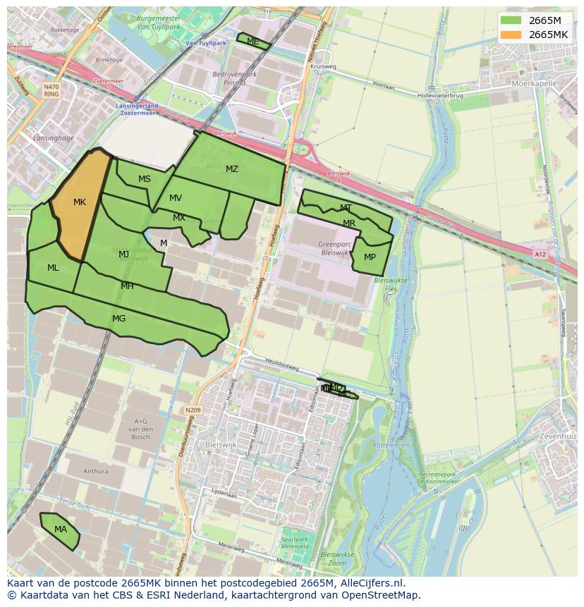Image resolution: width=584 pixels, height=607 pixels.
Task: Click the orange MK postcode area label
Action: [x=80, y=202]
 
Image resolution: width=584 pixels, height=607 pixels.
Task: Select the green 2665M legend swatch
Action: [x=511, y=20]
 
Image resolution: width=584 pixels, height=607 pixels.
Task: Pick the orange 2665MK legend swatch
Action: [x=511, y=35]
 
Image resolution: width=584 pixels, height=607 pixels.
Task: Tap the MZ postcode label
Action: [x=232, y=169]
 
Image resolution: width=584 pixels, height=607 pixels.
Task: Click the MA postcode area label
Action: [x=61, y=529]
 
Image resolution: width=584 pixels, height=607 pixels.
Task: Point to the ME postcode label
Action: [x=253, y=42]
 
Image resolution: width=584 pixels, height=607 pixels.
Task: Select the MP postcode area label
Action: [x=370, y=257]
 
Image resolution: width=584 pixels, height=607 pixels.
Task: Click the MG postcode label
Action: [x=118, y=319]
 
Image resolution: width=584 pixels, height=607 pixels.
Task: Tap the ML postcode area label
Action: [x=53, y=268]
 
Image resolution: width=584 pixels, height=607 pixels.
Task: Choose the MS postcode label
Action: [x=145, y=179]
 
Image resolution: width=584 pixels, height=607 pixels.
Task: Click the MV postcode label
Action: [x=176, y=198]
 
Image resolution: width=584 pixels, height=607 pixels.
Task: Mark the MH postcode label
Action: [x=127, y=286]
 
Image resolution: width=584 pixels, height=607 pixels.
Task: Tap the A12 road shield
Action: [x=540, y=255]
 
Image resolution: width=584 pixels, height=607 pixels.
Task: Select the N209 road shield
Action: [x=193, y=410]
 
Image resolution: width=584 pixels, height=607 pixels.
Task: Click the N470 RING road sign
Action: [x=51, y=90]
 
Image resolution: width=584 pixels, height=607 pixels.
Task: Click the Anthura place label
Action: [x=96, y=472]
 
